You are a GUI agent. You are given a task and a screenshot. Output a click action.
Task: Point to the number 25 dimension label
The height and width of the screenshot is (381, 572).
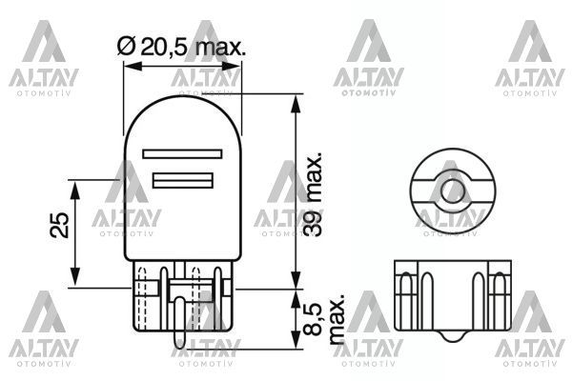60,225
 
